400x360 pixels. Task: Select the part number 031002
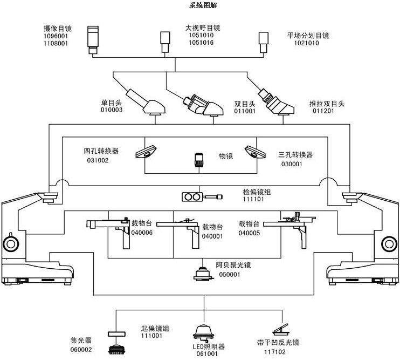98,160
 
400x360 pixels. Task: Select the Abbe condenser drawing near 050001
203,273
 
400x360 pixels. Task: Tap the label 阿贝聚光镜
233,266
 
